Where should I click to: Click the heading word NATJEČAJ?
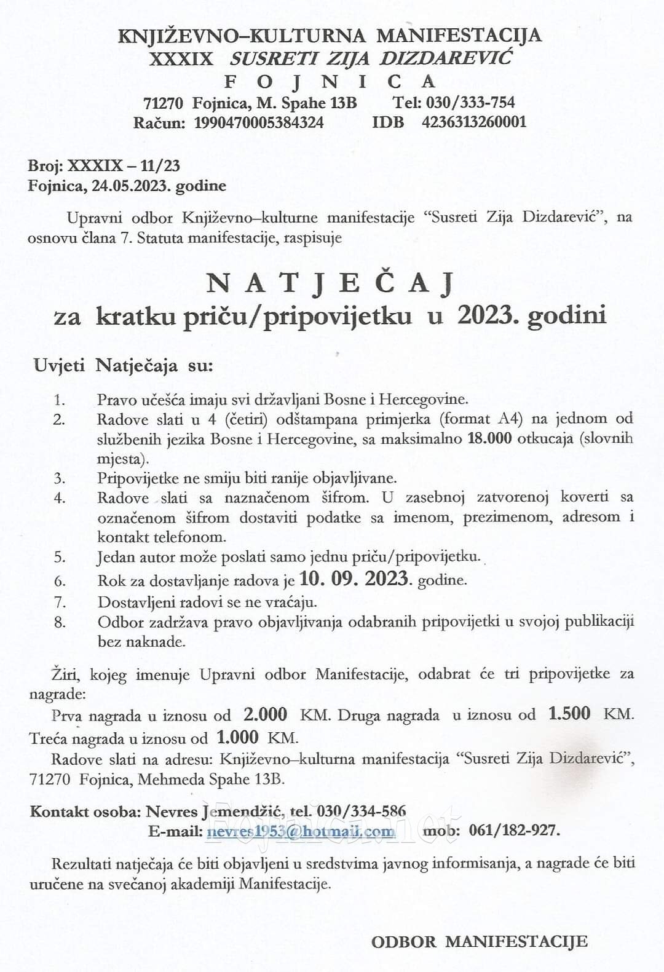pyautogui.click(x=331, y=283)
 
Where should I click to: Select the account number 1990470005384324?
pyautogui.click(x=259, y=122)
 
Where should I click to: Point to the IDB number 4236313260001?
pyautogui.click(x=474, y=122)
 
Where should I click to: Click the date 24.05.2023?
pyautogui.click(x=130, y=186)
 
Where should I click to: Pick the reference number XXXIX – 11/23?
pyautogui.click(x=124, y=165)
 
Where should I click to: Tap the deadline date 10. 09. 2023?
pyautogui.click(x=354, y=579)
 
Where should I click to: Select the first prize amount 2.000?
pyautogui.click(x=266, y=714)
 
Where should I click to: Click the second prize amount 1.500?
pyautogui.click(x=569, y=714)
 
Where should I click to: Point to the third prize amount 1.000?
pyautogui.click(x=237, y=737)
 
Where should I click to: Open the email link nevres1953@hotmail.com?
pyautogui.click(x=301, y=831)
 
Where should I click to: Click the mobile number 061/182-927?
pyautogui.click(x=513, y=831)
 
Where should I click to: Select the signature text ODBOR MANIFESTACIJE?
pyautogui.click(x=479, y=941)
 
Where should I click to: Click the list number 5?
pyautogui.click(x=60, y=558)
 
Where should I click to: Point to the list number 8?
pyautogui.click(x=60, y=622)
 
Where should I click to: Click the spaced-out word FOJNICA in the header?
pyautogui.click(x=331, y=81)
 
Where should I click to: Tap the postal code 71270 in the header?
pyautogui.click(x=163, y=102)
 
